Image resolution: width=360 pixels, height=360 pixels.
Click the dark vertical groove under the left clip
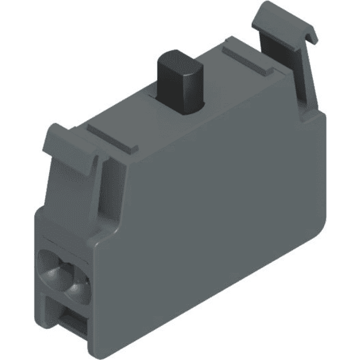(102, 192)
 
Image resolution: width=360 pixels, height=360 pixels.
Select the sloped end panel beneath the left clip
(66, 198)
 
